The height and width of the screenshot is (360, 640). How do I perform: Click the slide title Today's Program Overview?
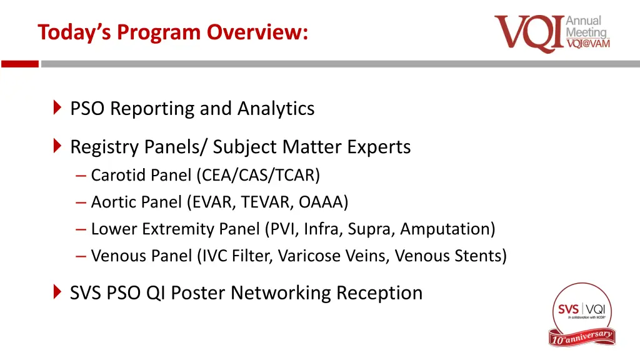[172, 31]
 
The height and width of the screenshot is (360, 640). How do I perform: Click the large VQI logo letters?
[529, 34]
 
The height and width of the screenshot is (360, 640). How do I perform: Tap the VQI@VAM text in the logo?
[587, 43]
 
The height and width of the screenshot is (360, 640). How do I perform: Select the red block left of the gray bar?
[19, 64]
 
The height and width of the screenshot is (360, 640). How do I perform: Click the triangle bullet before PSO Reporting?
[57, 108]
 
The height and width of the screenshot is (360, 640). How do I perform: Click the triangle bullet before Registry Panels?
[57, 147]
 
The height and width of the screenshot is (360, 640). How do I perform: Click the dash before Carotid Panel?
[81, 176]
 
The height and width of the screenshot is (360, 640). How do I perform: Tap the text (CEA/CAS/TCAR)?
[257, 176]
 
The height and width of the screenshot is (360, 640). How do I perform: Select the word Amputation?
[447, 229]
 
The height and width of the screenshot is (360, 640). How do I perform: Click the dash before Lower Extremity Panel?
[81, 229]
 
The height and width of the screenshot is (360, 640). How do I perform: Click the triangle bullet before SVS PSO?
[57, 292]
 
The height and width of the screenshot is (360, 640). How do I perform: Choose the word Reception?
[379, 292]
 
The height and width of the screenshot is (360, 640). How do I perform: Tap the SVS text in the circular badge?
[568, 309]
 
